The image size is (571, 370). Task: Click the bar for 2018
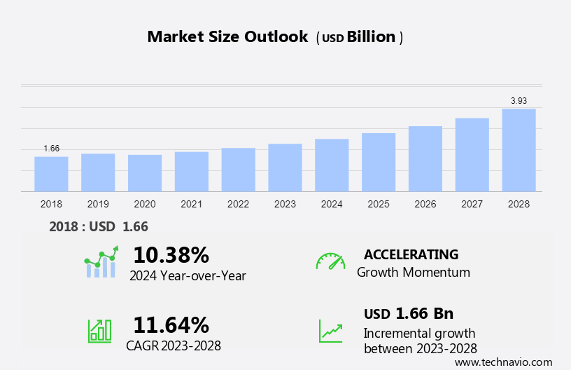pos(51,174)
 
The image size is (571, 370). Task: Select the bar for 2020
pos(145,173)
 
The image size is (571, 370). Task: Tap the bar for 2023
pos(285,167)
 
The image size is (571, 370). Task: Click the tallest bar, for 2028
pos(519,150)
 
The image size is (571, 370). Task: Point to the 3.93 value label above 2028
pos(519,101)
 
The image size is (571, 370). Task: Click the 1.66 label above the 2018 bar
pos(51,149)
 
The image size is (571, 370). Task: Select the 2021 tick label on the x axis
pos(191,204)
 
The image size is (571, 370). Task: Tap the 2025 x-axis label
pos(379,204)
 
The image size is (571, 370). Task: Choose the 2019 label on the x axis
pos(98,204)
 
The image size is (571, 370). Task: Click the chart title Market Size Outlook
pos(227,37)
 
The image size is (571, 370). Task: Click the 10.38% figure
pos(171,254)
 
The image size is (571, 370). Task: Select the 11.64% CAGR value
pos(171,325)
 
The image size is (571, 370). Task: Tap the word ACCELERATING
pos(411,254)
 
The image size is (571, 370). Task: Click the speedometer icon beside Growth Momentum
pos(330,261)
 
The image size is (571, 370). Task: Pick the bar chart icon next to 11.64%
pos(99,331)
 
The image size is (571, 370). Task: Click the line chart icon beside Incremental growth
pos(330,331)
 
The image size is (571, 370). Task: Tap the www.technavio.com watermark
pos(503,362)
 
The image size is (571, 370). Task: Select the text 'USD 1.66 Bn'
pos(409,313)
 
